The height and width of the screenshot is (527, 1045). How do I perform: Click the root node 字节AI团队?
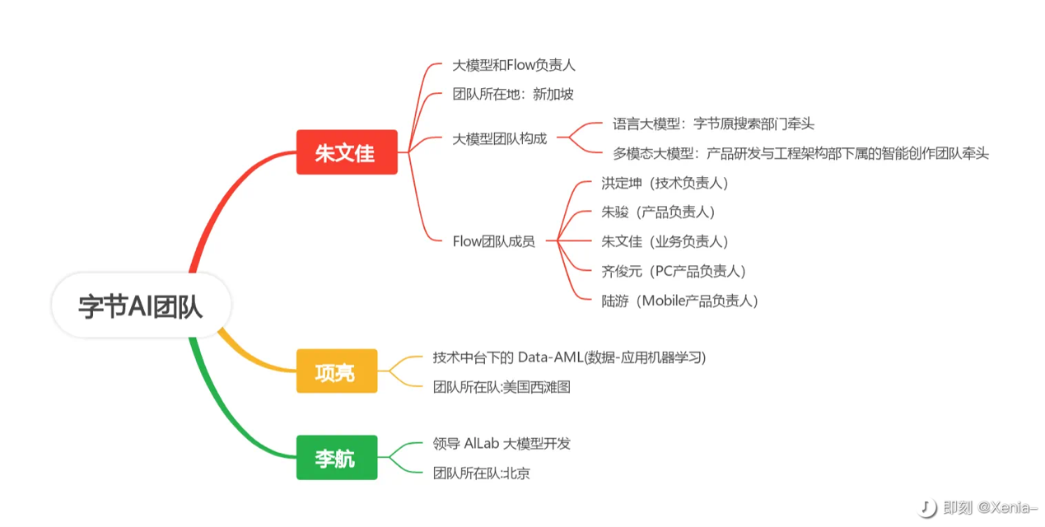(x=141, y=305)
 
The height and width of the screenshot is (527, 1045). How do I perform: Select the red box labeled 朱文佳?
(x=347, y=152)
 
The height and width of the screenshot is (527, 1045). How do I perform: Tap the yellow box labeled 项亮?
(x=337, y=371)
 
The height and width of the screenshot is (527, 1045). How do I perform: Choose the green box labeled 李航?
(x=336, y=457)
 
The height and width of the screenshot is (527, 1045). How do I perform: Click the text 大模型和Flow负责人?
(x=514, y=65)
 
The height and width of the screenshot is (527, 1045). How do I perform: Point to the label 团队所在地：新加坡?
(x=513, y=94)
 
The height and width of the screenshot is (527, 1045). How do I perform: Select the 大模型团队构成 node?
(x=499, y=138)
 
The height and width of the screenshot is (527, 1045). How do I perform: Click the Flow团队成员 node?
(x=493, y=241)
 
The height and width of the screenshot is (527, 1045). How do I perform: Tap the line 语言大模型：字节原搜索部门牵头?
(x=713, y=124)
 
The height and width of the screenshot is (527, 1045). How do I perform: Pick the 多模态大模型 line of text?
(x=800, y=153)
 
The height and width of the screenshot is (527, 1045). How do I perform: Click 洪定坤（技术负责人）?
(x=665, y=183)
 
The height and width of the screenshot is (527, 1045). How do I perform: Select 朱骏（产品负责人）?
(x=658, y=212)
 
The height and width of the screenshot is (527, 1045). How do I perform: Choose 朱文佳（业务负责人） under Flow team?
(x=665, y=241)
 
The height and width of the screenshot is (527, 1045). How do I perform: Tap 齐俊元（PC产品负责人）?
(x=674, y=271)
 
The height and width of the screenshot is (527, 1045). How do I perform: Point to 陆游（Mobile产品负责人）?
(x=679, y=301)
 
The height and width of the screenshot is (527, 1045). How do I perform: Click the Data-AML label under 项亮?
(x=569, y=357)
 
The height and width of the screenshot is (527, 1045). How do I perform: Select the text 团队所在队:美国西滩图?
(x=502, y=386)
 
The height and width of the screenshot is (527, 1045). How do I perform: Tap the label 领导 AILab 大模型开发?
(x=502, y=443)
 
